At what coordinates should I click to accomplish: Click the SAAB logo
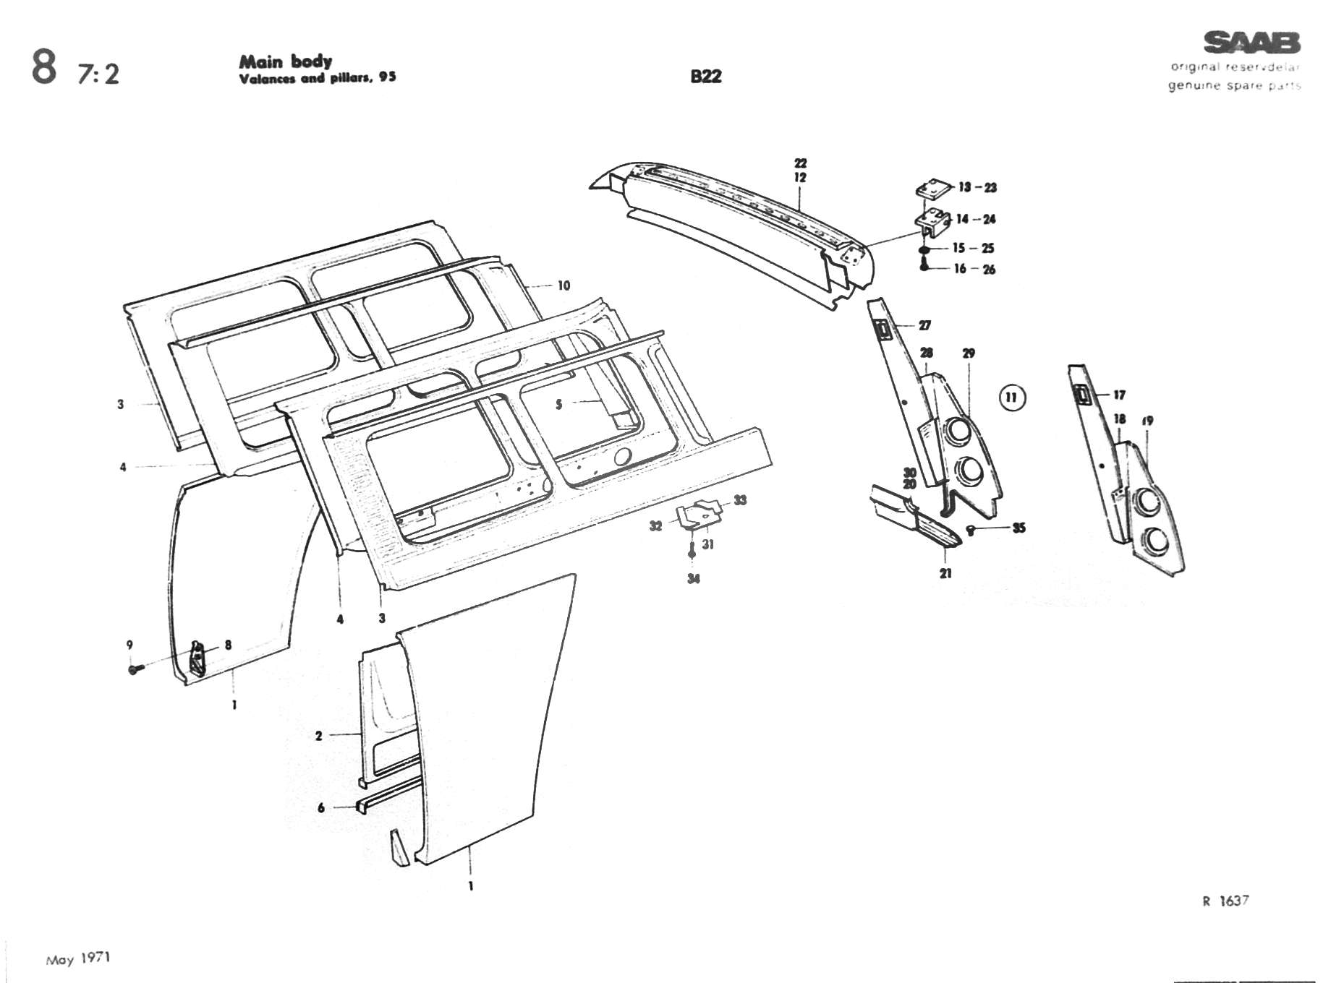[1251, 43]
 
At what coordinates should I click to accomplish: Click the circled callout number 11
[1011, 397]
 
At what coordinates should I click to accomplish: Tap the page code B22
[705, 77]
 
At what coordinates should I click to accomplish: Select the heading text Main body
[286, 61]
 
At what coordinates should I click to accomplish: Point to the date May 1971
[78, 959]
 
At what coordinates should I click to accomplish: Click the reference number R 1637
[1225, 901]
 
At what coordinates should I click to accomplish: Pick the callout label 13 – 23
[977, 187]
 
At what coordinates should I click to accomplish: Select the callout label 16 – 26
[974, 269]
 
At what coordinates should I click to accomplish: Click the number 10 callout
[564, 286]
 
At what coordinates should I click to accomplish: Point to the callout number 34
[693, 578]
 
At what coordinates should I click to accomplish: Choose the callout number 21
[945, 573]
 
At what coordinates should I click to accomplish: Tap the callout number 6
[321, 807]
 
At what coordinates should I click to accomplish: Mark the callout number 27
[924, 325]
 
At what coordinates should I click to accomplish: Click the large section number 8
[43, 67]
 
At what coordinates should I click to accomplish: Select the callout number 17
[1119, 395]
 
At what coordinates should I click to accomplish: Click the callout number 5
[558, 404]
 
